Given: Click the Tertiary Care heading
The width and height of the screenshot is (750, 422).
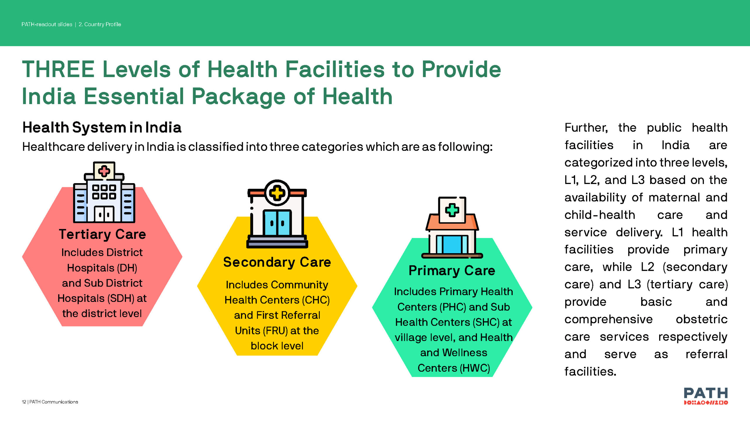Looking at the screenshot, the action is pyautogui.click(x=102, y=234).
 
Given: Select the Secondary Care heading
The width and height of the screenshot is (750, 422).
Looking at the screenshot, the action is pyautogui.click(x=277, y=262).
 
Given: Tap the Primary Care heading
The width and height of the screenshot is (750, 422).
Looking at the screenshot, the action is pyautogui.click(x=452, y=270).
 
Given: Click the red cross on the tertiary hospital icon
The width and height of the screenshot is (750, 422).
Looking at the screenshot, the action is pyautogui.click(x=104, y=171).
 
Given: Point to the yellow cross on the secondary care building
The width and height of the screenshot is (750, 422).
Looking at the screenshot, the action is pyautogui.click(x=277, y=193).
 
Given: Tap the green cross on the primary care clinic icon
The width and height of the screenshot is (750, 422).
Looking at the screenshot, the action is pyautogui.click(x=452, y=210).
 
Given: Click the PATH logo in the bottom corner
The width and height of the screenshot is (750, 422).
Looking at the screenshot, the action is pyautogui.click(x=706, y=396).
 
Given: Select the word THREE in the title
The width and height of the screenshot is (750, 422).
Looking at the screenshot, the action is pyautogui.click(x=58, y=70).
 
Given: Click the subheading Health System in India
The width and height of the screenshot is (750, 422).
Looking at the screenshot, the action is pyautogui.click(x=102, y=127).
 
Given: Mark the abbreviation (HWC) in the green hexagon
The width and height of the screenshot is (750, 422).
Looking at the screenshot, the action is pyautogui.click(x=475, y=368).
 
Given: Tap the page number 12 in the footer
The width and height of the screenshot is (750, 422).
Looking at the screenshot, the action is pyautogui.click(x=24, y=402).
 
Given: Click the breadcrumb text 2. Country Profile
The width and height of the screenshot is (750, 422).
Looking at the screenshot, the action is pyautogui.click(x=100, y=24).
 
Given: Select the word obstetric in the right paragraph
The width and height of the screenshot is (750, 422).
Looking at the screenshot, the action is pyautogui.click(x=701, y=319).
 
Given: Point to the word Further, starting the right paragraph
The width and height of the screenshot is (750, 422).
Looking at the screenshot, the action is pyautogui.click(x=586, y=128).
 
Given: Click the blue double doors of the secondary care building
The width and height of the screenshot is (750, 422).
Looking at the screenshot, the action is pyautogui.click(x=277, y=223).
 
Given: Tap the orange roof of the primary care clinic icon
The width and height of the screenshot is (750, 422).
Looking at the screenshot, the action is pyautogui.click(x=452, y=222).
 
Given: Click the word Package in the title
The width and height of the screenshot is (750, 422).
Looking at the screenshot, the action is pyautogui.click(x=238, y=97).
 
